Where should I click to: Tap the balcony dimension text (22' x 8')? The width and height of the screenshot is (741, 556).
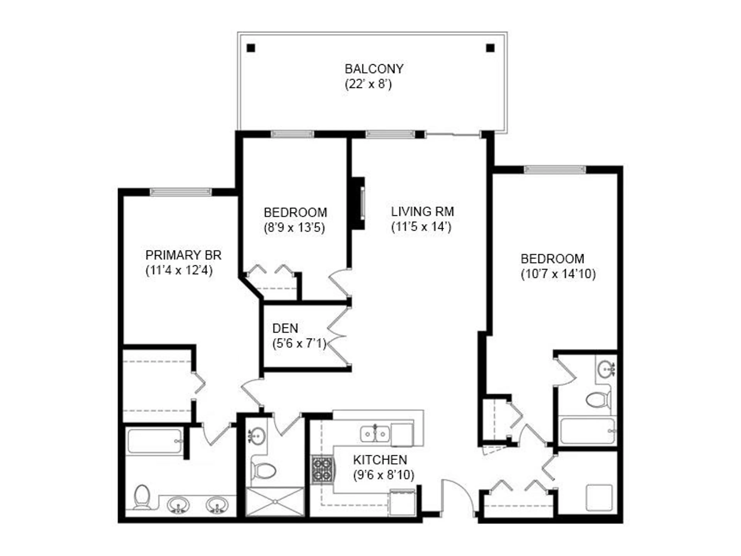click(368, 84)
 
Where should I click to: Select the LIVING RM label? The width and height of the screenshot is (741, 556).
click(422, 212)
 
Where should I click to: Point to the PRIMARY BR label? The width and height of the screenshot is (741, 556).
click(183, 255)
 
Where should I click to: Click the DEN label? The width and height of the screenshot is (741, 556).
click(285, 328)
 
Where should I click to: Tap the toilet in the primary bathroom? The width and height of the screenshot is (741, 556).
click(142, 497)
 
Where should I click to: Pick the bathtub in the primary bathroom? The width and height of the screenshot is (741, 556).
click(155, 441)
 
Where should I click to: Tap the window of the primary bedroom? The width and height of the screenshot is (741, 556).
click(181, 192)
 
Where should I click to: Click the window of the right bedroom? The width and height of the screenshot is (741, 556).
click(555, 169)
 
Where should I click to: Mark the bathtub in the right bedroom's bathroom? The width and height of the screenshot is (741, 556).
click(588, 431)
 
